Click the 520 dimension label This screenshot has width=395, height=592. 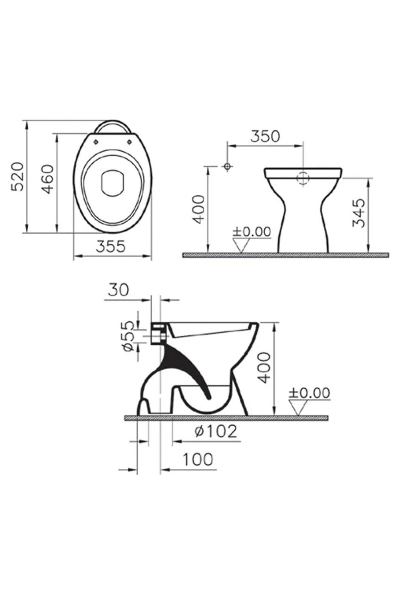pos(17,176)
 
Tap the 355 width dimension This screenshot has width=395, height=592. pos(111,246)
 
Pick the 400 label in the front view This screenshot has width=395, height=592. pos(199,209)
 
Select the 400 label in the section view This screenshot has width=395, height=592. pos(264,368)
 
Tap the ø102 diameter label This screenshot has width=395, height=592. pos(216,431)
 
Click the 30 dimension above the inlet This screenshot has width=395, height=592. pos(118,290)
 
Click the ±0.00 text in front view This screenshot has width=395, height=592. pos(252,232)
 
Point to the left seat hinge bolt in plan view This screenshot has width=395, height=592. pos(96,141)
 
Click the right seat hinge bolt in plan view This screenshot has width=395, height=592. pos(129,141)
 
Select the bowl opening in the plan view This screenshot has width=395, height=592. pos(113,184)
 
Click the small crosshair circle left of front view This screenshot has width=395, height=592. pos(227,166)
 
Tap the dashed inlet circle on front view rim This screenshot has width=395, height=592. pos(303,178)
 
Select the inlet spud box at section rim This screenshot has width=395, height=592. pos(158,333)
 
